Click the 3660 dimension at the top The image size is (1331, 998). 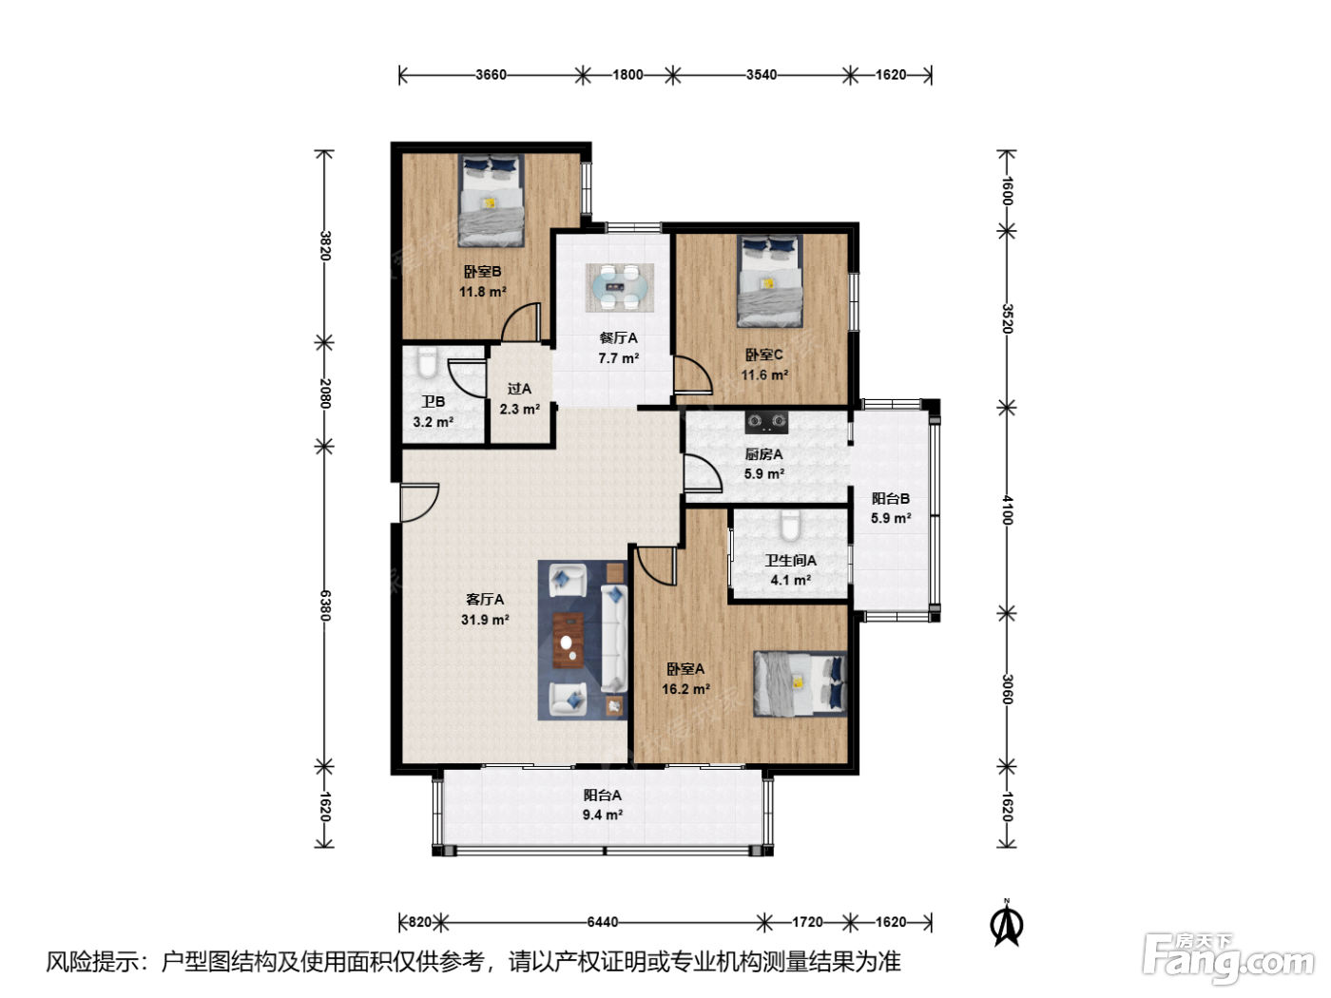click(x=491, y=74)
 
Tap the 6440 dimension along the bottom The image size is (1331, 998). click(x=602, y=922)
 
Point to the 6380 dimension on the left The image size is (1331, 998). click(x=325, y=605)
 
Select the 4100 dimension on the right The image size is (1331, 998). click(x=1007, y=510)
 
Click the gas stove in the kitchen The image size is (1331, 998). click(x=766, y=422)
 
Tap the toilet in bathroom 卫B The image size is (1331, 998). click(x=428, y=361)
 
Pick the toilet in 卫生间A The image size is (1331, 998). click(x=789, y=525)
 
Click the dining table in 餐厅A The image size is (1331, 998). click(x=620, y=287)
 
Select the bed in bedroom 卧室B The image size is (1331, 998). click(x=491, y=200)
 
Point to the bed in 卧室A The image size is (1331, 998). click(x=800, y=683)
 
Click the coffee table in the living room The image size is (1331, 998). click(x=569, y=640)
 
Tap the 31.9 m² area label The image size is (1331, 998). click(x=485, y=620)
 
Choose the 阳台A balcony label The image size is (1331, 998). click(x=602, y=795)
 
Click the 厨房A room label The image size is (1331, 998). click(x=763, y=454)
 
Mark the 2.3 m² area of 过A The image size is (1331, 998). click(x=520, y=409)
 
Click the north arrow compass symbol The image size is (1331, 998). click(x=1007, y=924)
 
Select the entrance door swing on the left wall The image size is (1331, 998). click(x=419, y=503)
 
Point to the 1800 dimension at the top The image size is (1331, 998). click(x=627, y=74)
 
